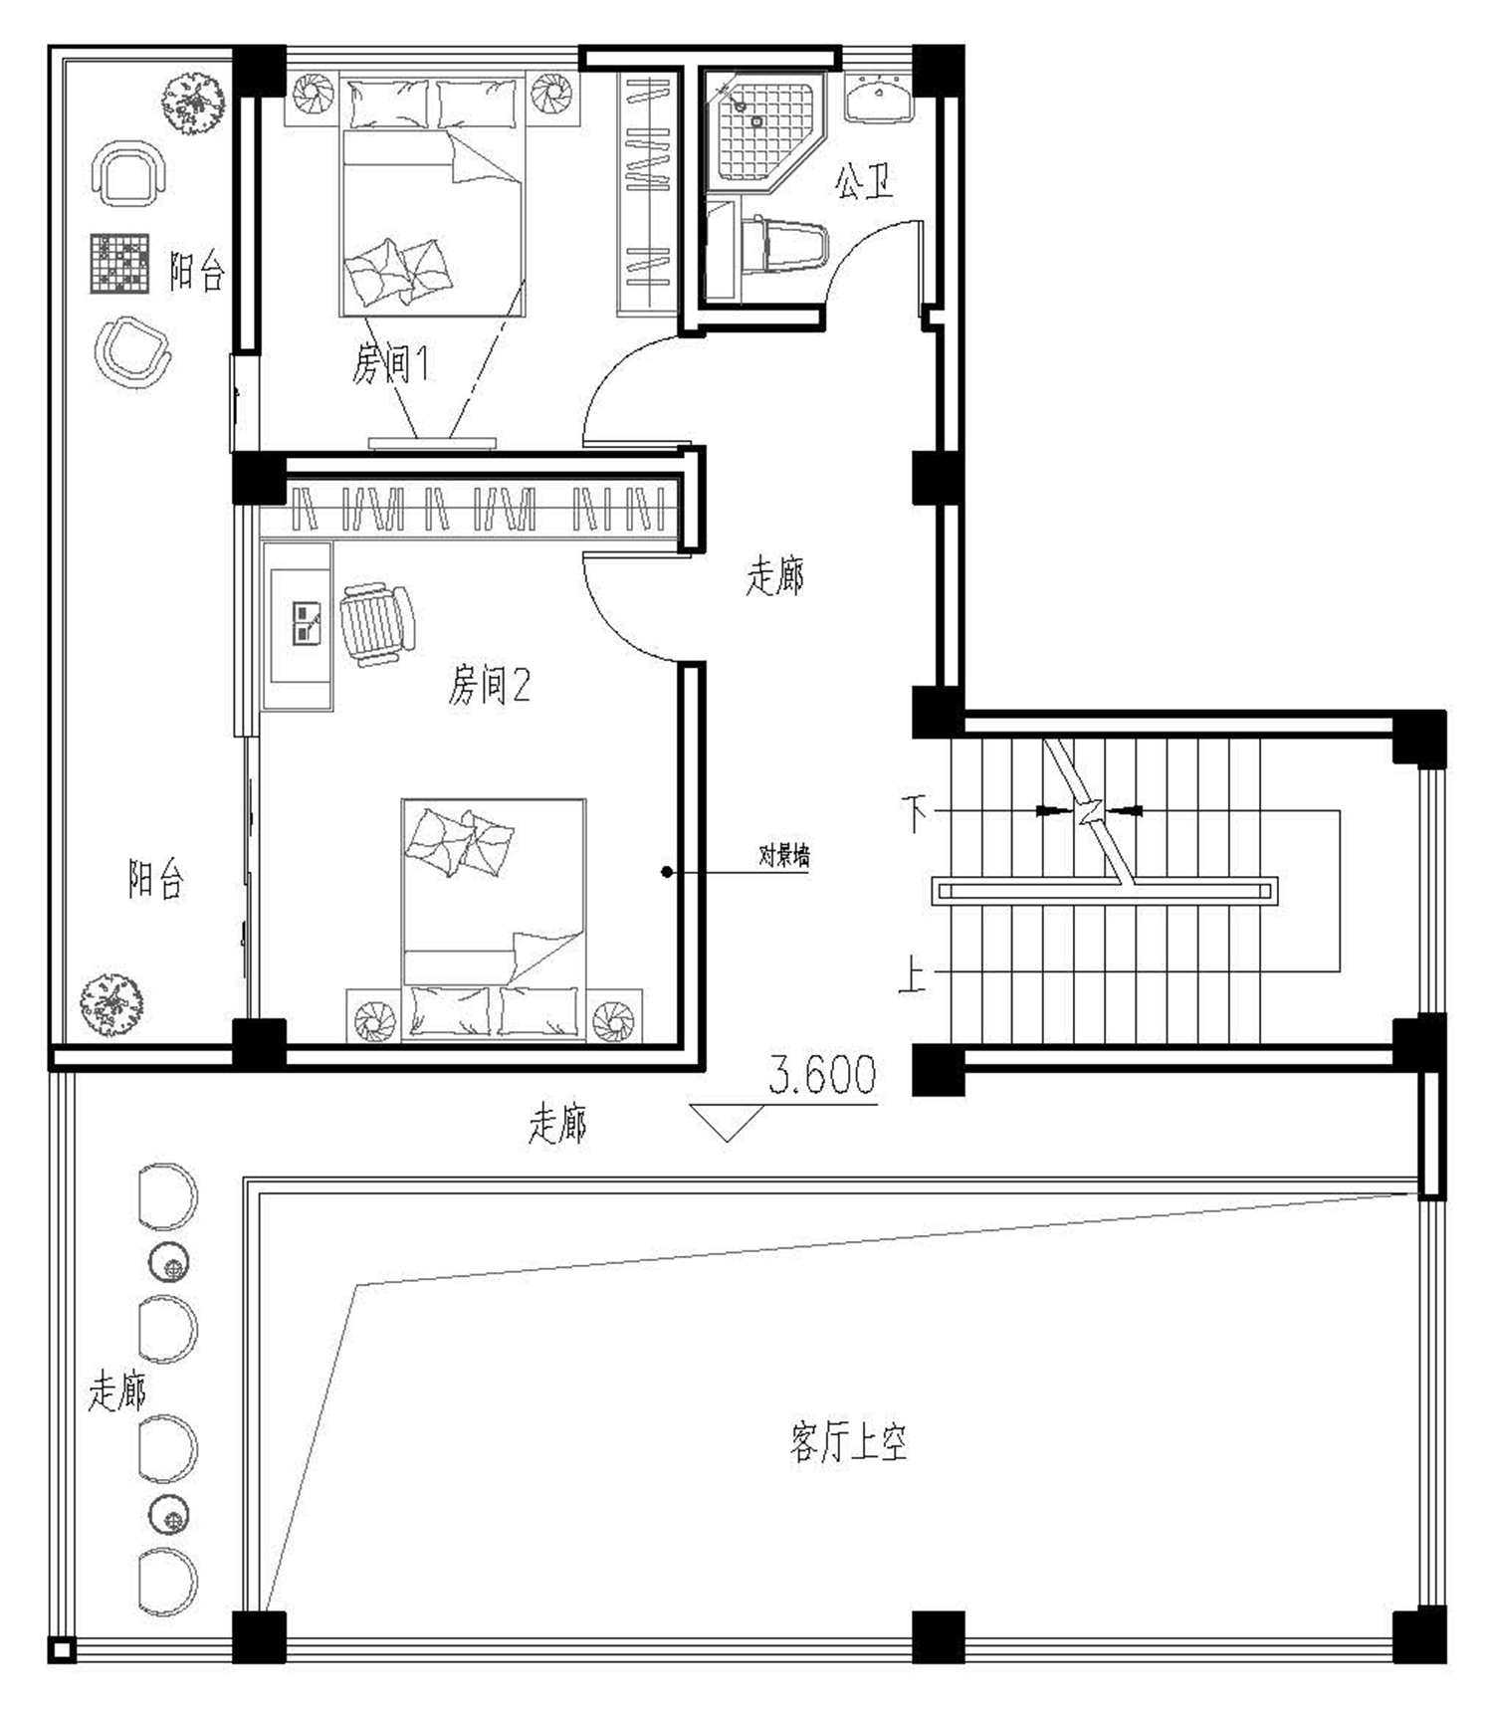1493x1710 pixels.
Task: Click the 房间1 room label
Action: [390, 363]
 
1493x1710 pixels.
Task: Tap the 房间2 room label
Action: [489, 685]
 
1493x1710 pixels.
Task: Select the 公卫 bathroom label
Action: [864, 181]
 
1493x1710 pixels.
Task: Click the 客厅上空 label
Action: [849, 1441]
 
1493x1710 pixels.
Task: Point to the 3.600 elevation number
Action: [822, 1075]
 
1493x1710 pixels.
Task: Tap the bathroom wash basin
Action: [879, 100]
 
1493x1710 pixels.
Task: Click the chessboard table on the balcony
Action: [119, 264]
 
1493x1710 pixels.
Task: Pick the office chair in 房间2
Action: [377, 623]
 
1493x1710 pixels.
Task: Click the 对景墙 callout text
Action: [784, 855]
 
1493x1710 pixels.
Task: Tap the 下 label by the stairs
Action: [914, 812]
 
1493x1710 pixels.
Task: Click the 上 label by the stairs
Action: [912, 974]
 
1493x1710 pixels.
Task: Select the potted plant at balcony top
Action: [195, 100]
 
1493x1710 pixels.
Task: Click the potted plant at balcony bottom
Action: [110, 1005]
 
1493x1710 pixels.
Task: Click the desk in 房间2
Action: [298, 625]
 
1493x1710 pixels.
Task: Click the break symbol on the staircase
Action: [1088, 812]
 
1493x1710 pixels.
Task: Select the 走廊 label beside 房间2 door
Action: [774, 575]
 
